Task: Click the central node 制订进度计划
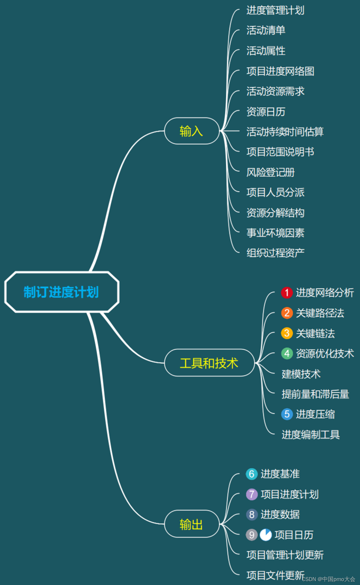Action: pyautogui.click(x=61, y=292)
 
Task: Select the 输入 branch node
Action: pyautogui.click(x=192, y=131)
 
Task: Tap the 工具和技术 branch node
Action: pyautogui.click(x=209, y=363)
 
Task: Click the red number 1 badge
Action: pyautogui.click(x=287, y=292)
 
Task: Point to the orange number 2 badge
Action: pyautogui.click(x=287, y=313)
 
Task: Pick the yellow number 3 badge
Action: pyautogui.click(x=287, y=333)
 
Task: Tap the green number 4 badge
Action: pyautogui.click(x=287, y=354)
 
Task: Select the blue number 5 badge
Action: pyautogui.click(x=287, y=414)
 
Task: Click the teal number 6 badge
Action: pyautogui.click(x=252, y=474)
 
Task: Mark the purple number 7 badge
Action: pyautogui.click(x=252, y=494)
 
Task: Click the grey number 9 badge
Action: pyautogui.click(x=252, y=535)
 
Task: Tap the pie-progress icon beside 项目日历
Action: pyautogui.click(x=265, y=535)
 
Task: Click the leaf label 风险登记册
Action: pyautogui.click(x=270, y=172)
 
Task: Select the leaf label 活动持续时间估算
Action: pyautogui.click(x=285, y=132)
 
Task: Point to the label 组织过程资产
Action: pyautogui.click(x=275, y=253)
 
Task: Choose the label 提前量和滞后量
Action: pyautogui.click(x=315, y=394)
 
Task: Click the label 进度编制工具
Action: pyautogui.click(x=311, y=435)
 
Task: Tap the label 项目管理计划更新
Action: pyautogui.click(x=285, y=555)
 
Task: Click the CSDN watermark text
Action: pyautogui.click(x=328, y=579)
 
